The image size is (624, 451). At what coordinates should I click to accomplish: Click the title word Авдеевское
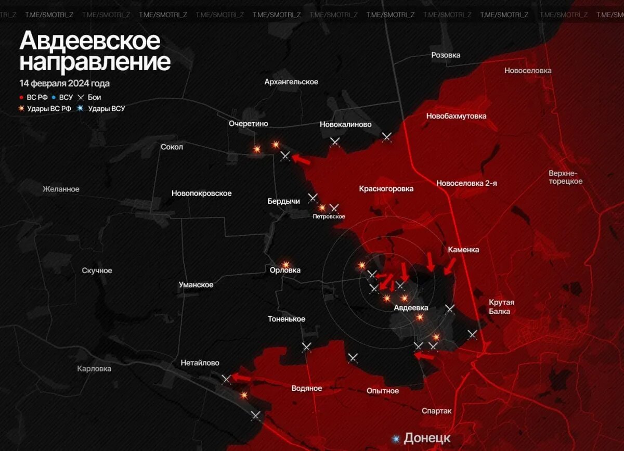pos(90,41)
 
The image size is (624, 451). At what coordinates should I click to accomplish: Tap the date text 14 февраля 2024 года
pos(64,83)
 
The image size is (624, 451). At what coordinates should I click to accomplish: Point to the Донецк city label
pos(427,438)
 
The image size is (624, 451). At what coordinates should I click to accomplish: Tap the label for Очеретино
pos(248,123)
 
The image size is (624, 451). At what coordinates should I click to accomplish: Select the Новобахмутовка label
pos(456,116)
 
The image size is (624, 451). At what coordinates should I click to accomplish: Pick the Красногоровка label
pos(386,189)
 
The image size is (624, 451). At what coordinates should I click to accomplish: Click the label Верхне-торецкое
pos(565,177)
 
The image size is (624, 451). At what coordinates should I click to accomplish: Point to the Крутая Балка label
pos(501,307)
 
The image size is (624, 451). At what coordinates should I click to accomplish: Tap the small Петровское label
pos(329,216)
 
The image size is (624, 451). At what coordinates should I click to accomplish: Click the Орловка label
pos(285,270)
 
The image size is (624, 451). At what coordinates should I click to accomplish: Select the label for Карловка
pos(94,369)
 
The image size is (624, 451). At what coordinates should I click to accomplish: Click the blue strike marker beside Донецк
pos(396,439)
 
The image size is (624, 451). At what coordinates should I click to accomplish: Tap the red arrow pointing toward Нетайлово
pos(241,377)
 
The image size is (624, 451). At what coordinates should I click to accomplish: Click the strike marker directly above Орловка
pos(285,264)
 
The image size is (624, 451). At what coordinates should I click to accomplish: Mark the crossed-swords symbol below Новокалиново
pos(335,141)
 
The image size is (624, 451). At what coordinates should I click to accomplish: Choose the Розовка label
pos(446,55)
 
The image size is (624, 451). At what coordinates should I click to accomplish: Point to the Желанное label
pos(61,189)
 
